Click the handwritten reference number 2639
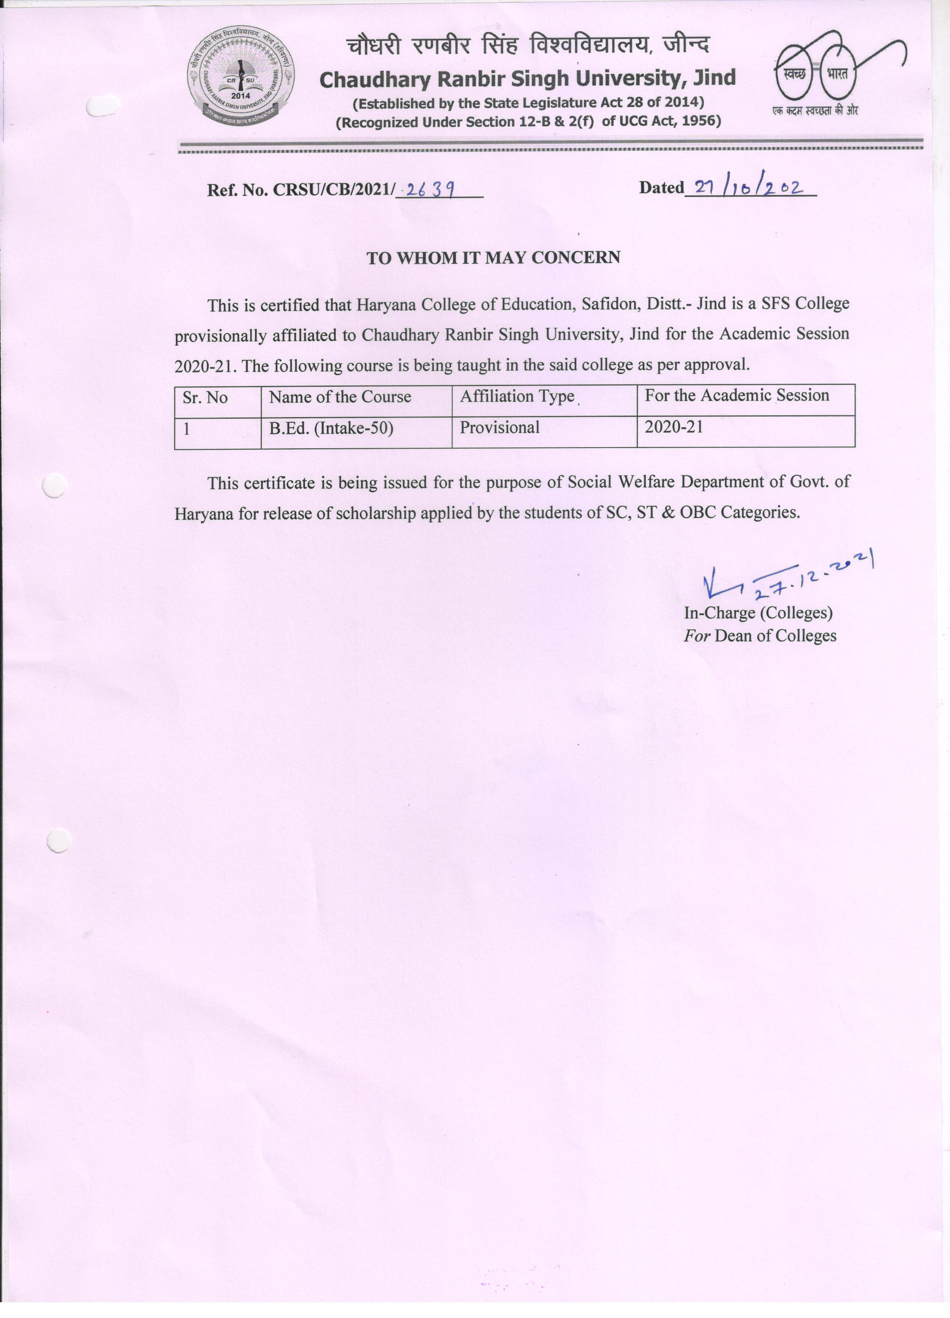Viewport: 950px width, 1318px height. [430, 189]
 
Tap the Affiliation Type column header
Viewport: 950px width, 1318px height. [517, 396]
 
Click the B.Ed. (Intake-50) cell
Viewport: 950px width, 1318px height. [331, 428]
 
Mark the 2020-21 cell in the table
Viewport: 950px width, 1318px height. [673, 427]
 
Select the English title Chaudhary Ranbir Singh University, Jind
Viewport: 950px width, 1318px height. [528, 79]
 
